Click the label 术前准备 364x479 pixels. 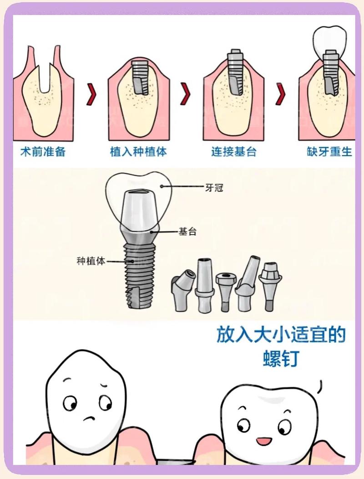(43, 152)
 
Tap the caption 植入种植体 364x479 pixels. (138, 152)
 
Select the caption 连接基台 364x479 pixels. (234, 152)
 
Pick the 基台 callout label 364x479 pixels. (187, 232)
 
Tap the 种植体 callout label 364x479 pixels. (91, 262)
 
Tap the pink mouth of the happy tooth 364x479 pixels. (263, 441)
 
